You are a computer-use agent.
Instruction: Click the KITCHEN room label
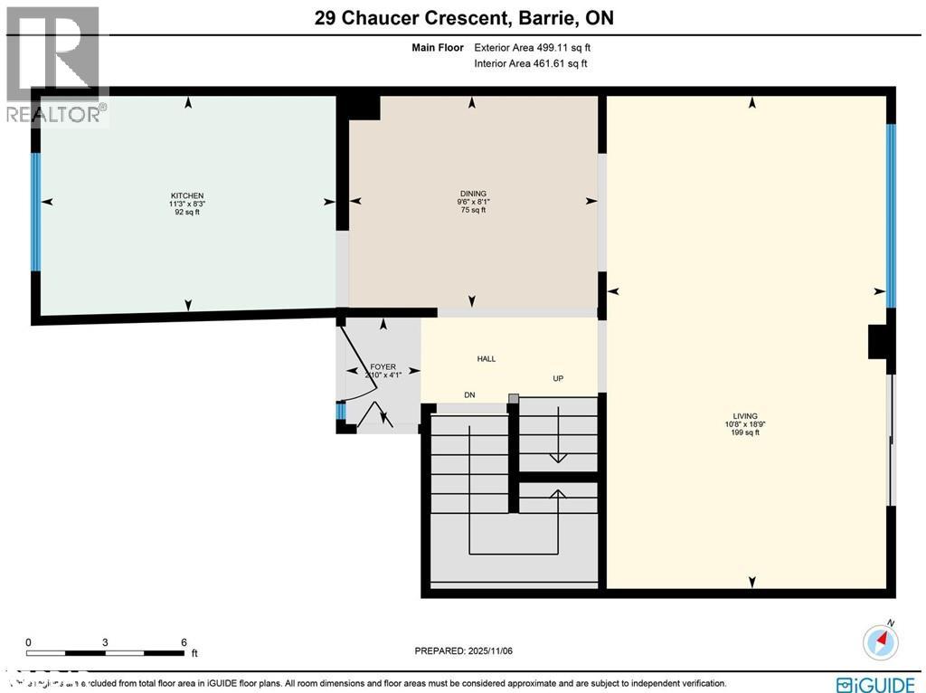pyautogui.click(x=187, y=196)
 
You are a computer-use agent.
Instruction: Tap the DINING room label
pyautogui.click(x=473, y=194)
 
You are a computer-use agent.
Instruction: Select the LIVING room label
pyautogui.click(x=746, y=417)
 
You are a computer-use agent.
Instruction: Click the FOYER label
pyautogui.click(x=383, y=367)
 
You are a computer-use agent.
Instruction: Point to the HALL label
pyautogui.click(x=487, y=359)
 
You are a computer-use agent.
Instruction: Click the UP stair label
pyautogui.click(x=558, y=378)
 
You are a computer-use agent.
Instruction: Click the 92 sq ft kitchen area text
pyautogui.click(x=187, y=212)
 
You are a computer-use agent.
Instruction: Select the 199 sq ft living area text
pyautogui.click(x=746, y=432)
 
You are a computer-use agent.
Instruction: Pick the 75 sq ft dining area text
pyautogui.click(x=473, y=210)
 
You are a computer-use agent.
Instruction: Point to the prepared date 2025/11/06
pyautogui.click(x=463, y=650)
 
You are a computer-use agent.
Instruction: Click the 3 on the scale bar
pyautogui.click(x=106, y=642)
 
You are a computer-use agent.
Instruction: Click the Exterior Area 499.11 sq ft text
pyautogui.click(x=532, y=47)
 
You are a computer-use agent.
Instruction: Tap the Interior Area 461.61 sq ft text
pyautogui.click(x=530, y=63)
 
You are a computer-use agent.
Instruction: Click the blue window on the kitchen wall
pyautogui.click(x=36, y=212)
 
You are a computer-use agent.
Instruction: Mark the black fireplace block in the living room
pyautogui.click(x=879, y=343)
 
